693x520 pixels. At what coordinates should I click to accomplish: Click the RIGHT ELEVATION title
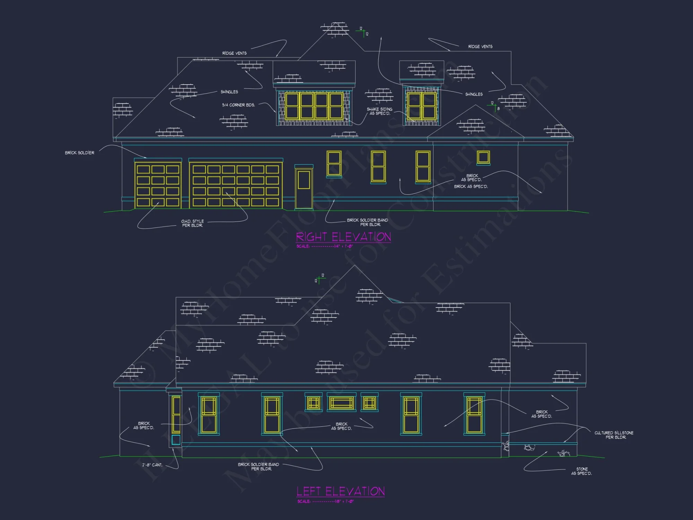click(343, 237)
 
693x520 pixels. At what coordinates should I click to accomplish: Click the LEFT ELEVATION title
click(341, 491)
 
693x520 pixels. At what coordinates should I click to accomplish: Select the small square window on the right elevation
click(483, 157)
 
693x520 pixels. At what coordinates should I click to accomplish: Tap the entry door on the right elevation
click(304, 188)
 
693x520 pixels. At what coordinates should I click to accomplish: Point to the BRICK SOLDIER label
click(79, 153)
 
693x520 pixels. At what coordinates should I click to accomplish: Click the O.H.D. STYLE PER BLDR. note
click(192, 223)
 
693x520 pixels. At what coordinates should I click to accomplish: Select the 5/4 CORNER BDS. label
click(238, 105)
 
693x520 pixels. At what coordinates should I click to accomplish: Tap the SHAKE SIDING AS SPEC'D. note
click(379, 111)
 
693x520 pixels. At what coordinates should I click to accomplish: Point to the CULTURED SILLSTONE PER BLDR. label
click(614, 435)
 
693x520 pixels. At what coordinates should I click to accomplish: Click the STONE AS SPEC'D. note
click(581, 471)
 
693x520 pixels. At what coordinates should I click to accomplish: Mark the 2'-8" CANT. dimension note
click(152, 465)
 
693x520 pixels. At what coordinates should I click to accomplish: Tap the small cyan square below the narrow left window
click(176, 440)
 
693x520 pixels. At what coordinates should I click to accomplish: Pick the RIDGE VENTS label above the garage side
click(234, 53)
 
